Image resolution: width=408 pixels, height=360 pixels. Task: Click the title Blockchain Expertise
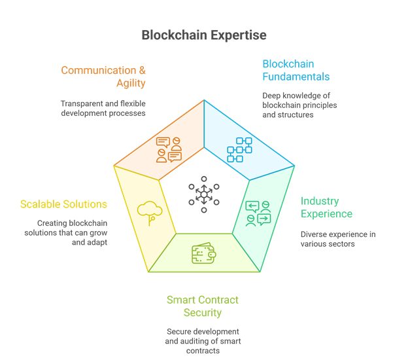click(x=203, y=35)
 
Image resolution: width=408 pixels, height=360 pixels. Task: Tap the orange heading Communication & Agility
click(x=103, y=77)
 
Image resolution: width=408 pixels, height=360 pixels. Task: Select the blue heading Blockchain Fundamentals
click(x=296, y=70)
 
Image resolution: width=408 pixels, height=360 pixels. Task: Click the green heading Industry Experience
click(x=326, y=207)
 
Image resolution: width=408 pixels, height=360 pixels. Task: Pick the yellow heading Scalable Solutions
click(x=63, y=204)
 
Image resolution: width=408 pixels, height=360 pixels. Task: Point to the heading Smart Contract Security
click(x=203, y=306)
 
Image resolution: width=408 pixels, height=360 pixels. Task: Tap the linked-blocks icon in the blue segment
click(x=239, y=150)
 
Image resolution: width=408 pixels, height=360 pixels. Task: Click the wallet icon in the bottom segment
click(x=204, y=254)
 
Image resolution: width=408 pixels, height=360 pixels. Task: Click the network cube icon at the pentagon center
click(x=204, y=194)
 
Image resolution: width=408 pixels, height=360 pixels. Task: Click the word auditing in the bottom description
click(x=194, y=341)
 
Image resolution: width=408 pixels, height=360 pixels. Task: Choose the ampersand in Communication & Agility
click(x=142, y=71)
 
